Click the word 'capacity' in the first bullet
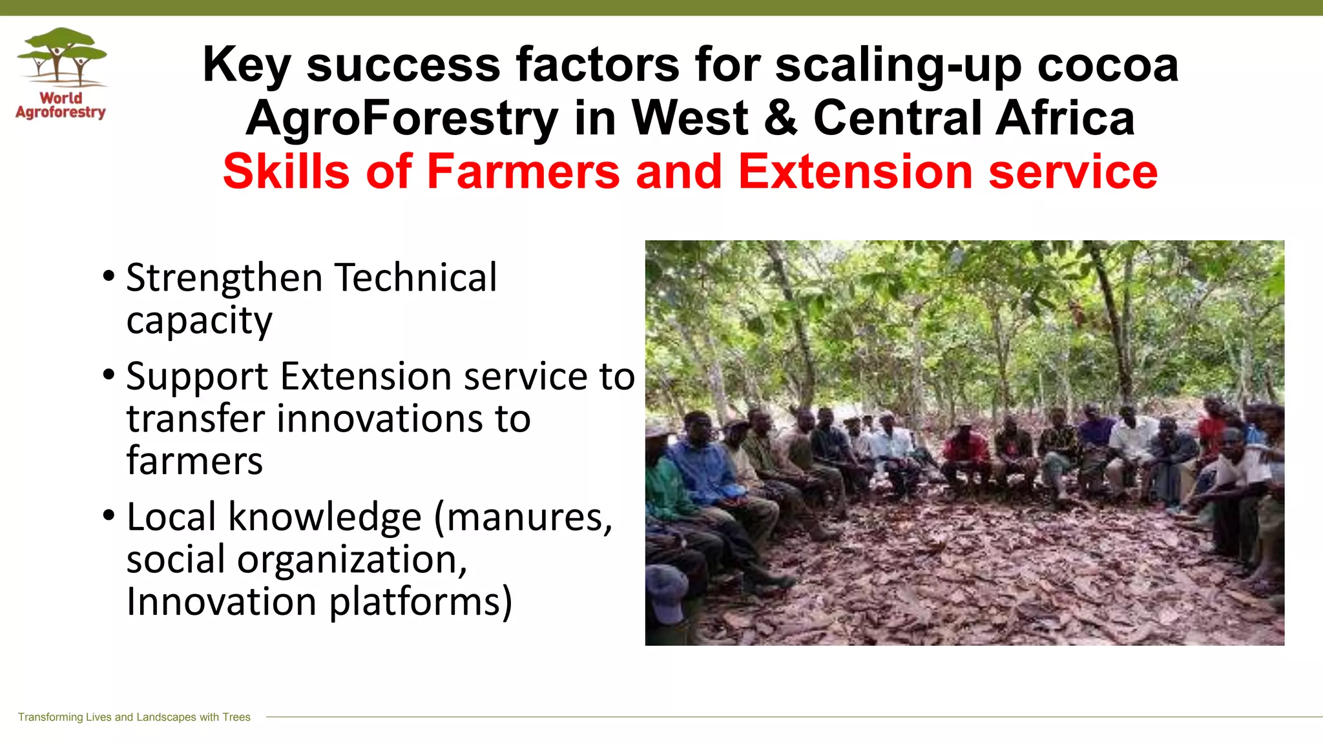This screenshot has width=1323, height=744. (199, 321)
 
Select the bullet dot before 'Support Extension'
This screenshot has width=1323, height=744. (109, 375)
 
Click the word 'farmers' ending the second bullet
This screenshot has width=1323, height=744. (194, 461)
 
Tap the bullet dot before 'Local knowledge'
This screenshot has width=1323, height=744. (109, 516)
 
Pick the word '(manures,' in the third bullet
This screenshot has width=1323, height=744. (523, 517)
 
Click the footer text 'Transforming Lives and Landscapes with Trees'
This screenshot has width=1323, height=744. (134, 717)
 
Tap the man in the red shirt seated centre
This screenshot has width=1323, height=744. (965, 452)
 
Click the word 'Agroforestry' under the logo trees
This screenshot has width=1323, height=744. (61, 112)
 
